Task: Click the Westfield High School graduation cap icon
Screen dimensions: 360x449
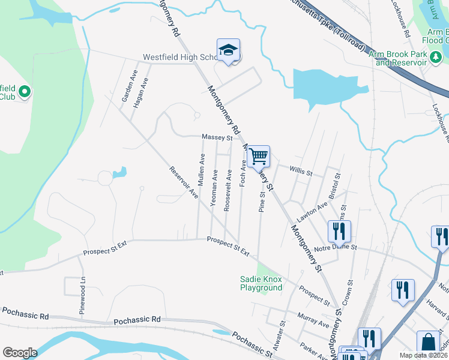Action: click(228, 50)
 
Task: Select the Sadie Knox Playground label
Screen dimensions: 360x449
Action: click(261, 283)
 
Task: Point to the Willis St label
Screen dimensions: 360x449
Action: click(301, 172)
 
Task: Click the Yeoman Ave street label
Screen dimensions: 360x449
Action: click(214, 188)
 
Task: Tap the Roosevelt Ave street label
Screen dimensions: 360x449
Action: click(228, 190)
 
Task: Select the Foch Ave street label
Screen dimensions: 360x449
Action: click(243, 172)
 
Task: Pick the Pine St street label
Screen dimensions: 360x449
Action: click(262, 202)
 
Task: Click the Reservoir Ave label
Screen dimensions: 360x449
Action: click(184, 182)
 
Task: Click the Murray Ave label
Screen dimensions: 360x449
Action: click(313, 320)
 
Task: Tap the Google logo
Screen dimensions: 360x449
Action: click(20, 353)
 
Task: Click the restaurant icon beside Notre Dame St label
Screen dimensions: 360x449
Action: click(339, 230)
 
